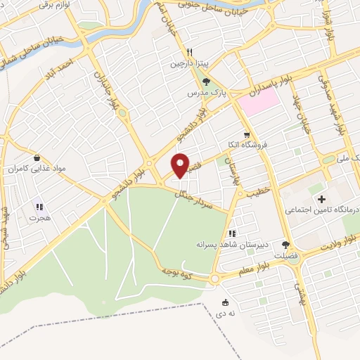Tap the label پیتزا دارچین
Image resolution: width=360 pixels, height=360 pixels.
189,64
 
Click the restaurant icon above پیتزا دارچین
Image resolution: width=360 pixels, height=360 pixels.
189,52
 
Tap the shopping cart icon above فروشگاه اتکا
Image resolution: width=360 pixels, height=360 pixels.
246,134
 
